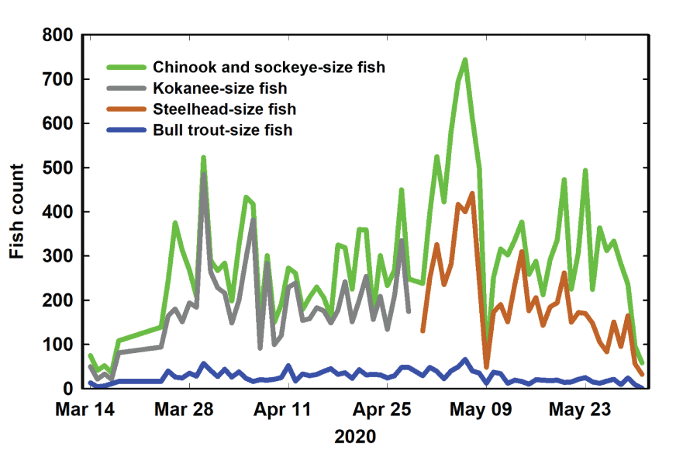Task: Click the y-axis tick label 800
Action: pos(57,36)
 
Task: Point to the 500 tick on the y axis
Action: pos(57,168)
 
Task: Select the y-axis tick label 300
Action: pos(57,256)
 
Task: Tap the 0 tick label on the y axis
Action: pos(68,388)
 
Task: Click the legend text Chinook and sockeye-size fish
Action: pos(269,67)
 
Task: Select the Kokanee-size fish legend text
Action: pos(221,88)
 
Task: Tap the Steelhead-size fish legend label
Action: pos(225,109)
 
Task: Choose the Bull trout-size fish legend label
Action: pos(223,130)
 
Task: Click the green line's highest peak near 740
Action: pos(465,60)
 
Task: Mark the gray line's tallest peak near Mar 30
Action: pos(204,172)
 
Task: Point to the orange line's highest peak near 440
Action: pos(472,193)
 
